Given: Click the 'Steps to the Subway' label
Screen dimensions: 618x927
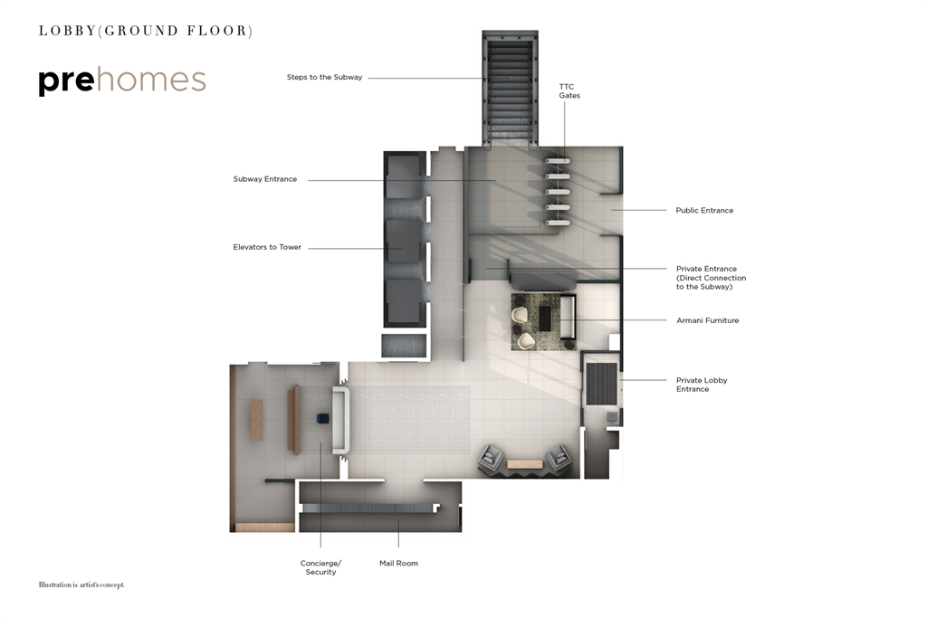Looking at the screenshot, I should [324, 78].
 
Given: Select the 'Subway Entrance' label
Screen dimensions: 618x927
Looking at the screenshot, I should [264, 179].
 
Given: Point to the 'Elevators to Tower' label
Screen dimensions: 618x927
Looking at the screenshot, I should [267, 247].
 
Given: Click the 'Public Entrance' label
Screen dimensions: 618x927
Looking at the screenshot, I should [704, 211].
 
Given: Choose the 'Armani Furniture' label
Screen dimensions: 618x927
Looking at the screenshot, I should [707, 320].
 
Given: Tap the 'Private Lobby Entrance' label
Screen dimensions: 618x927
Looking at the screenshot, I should [702, 385].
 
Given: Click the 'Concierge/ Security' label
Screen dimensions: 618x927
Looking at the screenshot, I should [320, 567].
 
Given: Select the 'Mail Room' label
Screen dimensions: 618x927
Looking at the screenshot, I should [398, 564].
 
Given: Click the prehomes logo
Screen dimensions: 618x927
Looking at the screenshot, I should [122, 81].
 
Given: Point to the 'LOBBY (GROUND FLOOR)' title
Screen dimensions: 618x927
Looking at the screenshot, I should [145, 31].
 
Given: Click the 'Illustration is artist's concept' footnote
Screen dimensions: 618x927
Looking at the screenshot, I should [81, 585].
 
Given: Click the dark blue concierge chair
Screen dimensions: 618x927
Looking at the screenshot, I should [321, 419].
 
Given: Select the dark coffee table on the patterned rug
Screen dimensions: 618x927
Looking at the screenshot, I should [545, 319].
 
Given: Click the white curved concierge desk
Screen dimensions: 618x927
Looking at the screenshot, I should [341, 421].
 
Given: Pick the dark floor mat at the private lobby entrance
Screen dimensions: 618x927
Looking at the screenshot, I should [600, 383].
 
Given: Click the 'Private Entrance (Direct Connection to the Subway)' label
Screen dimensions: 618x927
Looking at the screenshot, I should [711, 278].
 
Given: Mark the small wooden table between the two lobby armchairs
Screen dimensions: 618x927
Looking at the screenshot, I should [524, 464].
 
